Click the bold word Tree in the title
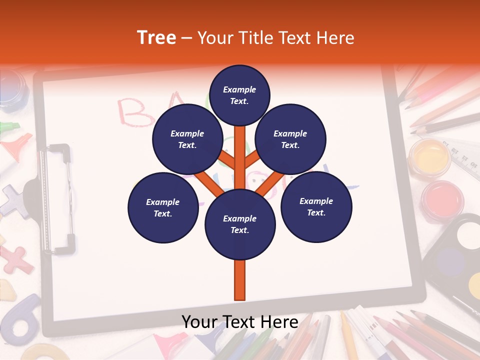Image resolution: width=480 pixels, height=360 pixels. (156, 38)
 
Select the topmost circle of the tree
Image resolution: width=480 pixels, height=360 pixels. (239, 95)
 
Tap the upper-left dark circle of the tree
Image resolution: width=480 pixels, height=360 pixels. (187, 139)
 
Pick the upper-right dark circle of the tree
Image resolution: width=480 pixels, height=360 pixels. (290, 139)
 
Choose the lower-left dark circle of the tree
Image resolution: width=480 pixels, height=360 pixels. (162, 208)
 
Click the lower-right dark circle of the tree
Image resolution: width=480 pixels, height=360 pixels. (316, 207)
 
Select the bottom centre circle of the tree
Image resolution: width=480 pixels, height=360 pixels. (240, 224)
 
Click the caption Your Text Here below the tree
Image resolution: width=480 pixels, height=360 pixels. (240, 322)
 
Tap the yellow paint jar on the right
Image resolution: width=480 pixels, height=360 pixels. (429, 156)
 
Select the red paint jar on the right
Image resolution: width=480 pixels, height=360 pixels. (442, 198)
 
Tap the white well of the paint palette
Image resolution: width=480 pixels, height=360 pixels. (467, 235)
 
